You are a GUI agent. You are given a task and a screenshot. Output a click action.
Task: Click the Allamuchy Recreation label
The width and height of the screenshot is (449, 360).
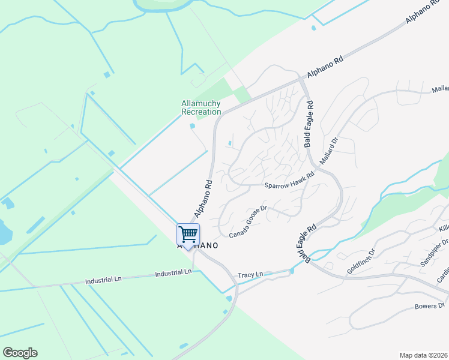[201, 107]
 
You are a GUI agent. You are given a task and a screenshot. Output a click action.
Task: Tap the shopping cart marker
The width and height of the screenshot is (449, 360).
[188, 234]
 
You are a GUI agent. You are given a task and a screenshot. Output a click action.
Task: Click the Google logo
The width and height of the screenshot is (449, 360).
[20, 353]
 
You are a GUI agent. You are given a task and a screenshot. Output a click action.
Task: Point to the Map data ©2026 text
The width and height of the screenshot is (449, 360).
[424, 355]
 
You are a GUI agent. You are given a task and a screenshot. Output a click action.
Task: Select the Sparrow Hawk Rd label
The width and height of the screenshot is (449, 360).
[290, 181]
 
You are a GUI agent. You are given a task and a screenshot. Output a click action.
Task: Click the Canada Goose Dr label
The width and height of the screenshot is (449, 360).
[247, 220]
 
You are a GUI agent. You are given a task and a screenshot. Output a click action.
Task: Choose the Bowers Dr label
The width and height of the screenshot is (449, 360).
[430, 307]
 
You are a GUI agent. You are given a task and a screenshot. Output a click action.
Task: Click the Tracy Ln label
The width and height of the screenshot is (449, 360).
[250, 275]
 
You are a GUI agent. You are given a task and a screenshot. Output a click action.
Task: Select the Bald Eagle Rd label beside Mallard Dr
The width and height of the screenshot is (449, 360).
[309, 124]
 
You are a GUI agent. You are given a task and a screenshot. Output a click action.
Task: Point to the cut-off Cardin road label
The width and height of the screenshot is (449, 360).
[442, 274]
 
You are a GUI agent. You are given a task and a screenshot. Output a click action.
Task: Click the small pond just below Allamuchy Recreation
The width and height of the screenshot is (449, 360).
[192, 126]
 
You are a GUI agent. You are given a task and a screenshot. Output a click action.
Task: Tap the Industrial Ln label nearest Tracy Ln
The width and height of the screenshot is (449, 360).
[173, 272]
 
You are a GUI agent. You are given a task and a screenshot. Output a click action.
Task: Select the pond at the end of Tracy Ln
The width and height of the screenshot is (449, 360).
[291, 271]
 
